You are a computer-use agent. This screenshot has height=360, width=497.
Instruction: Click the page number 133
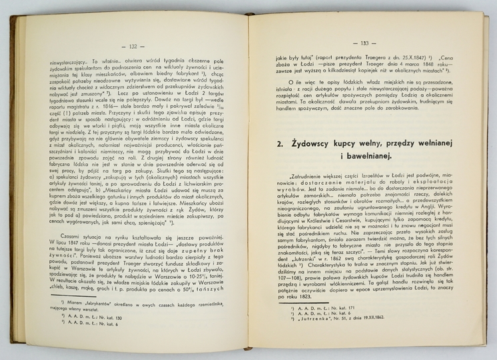(x=365, y=43)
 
